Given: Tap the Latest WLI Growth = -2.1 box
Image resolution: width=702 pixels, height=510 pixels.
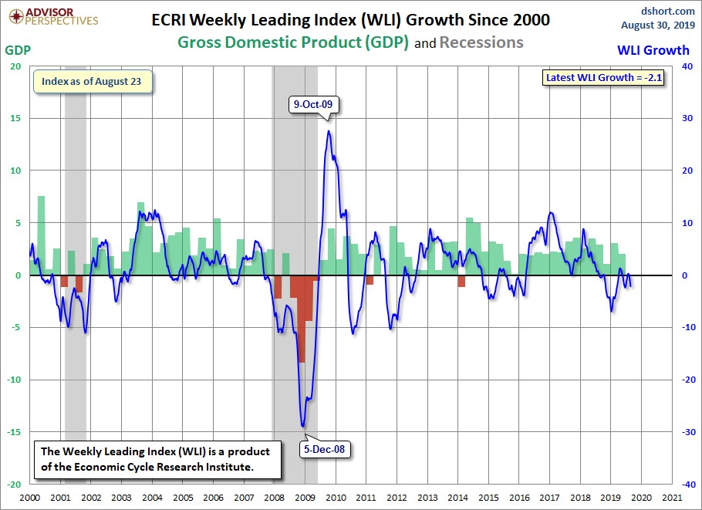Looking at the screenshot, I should pos(603,78).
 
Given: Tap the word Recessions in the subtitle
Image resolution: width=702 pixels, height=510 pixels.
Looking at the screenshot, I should pos(481,42).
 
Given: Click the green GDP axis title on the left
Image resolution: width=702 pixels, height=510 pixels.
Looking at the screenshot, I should pos(18,49).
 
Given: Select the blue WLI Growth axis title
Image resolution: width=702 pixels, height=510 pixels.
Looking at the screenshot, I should pos(653,50).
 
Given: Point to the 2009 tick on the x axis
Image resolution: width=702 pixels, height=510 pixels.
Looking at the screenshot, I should pos(304,498).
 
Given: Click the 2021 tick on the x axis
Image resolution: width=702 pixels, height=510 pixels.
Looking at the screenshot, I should pos(671,498).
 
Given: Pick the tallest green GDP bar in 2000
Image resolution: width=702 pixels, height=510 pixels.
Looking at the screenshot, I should pos(41,235).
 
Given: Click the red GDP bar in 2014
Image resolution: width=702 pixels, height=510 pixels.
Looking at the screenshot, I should pos(461,282).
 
